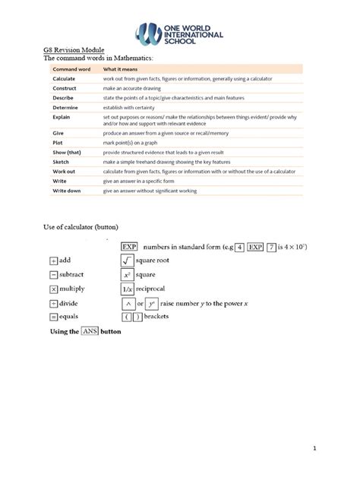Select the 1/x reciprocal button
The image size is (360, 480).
click(128, 289)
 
